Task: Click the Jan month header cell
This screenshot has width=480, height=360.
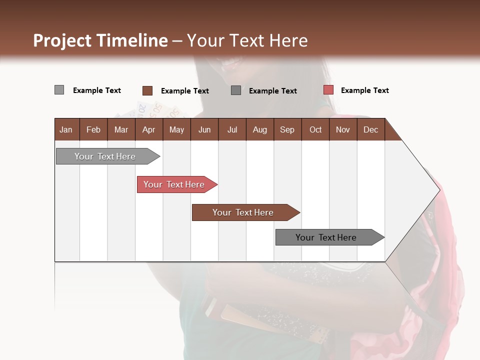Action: pyautogui.click(x=66, y=129)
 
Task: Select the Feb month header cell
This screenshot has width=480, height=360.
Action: pyautogui.click(x=93, y=129)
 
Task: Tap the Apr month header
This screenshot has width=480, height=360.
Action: pyautogui.click(x=148, y=129)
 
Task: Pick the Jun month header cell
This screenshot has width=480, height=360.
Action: pyautogui.click(x=204, y=129)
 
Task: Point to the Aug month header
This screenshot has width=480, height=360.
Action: pyautogui.click(x=259, y=129)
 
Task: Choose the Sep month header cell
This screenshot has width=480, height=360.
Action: pyautogui.click(x=287, y=129)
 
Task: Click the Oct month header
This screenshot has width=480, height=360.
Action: pyautogui.click(x=315, y=129)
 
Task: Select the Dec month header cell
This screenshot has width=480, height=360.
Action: pyautogui.click(x=370, y=129)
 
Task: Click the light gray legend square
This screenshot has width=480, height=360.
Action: pyautogui.click(x=59, y=90)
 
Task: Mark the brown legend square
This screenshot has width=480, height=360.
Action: pyautogui.click(x=147, y=90)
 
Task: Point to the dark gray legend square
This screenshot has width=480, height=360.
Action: pyautogui.click(x=236, y=90)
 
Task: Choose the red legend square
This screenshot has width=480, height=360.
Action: pyautogui.click(x=328, y=90)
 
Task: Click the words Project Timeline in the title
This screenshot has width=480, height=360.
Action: pyautogui.click(x=100, y=40)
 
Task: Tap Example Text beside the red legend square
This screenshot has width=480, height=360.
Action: pyautogui.click(x=364, y=90)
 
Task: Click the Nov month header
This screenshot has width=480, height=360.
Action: pyautogui.click(x=343, y=129)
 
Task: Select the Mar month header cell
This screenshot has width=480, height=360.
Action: pyautogui.click(x=121, y=129)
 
